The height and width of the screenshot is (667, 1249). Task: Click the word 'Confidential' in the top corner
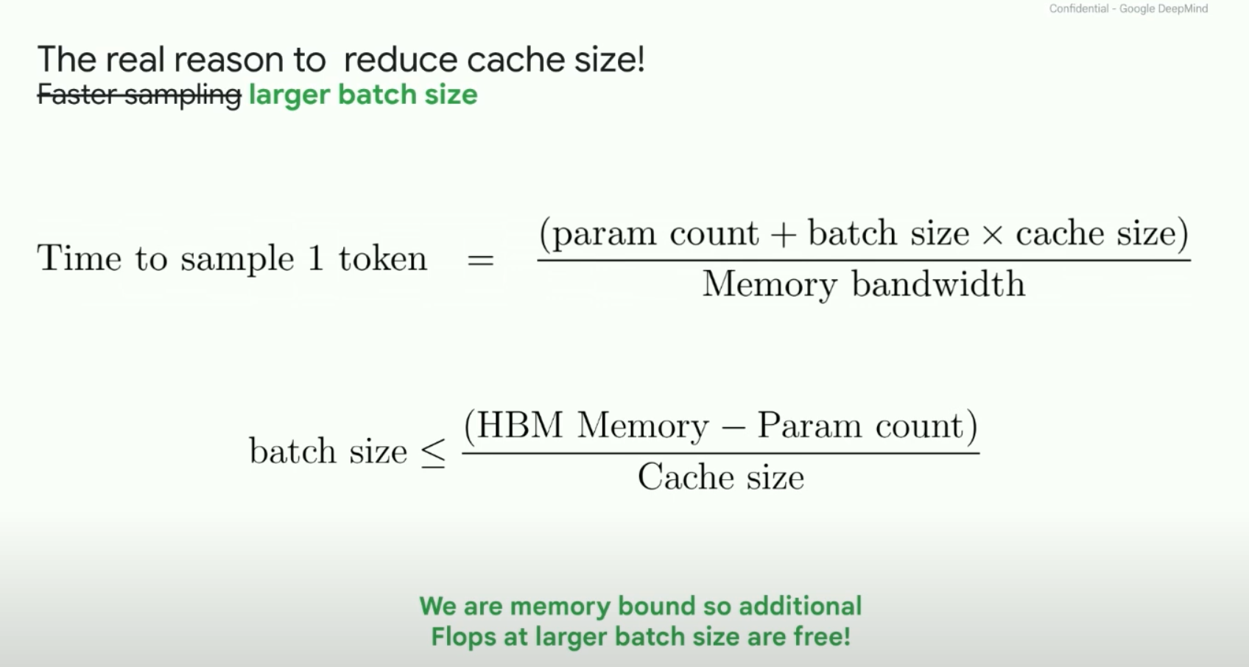coord(1078,9)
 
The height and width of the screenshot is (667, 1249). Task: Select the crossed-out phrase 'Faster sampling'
coord(139,95)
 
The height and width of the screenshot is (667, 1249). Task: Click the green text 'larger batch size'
coord(363,95)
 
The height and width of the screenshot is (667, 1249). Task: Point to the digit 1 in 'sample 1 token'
coord(316,258)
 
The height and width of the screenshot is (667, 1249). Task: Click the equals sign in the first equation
coord(480,260)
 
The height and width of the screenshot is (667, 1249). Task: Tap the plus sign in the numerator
coord(783,235)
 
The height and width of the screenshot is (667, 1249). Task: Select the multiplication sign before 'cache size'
coord(992,235)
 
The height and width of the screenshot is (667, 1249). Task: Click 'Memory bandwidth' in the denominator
coord(863,284)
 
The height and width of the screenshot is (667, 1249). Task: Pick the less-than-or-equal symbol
coord(433,452)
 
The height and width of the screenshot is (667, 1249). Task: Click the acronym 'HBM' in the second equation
coord(520,426)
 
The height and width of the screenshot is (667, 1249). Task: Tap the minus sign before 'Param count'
coord(733,428)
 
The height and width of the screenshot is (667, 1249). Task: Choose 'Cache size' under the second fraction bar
coord(720,477)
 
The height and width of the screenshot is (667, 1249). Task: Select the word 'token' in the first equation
coord(383,258)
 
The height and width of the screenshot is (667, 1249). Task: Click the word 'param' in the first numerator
coord(603,235)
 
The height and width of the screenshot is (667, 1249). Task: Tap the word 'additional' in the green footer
coord(800,606)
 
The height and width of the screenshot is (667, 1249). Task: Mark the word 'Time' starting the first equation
coord(79,258)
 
